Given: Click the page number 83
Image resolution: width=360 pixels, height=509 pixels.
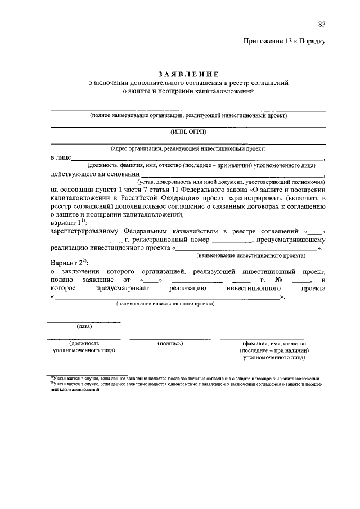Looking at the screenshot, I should pyautogui.click(x=321, y=24).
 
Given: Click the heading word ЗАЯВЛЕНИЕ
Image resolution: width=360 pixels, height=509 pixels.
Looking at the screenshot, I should pyautogui.click(x=188, y=74).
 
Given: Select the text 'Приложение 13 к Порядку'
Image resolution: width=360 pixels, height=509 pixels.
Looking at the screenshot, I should pyautogui.click(x=285, y=41).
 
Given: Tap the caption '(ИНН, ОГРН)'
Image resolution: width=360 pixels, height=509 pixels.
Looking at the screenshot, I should pyautogui.click(x=188, y=132).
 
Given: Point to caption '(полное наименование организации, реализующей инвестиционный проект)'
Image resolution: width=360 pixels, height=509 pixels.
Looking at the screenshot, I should pyautogui.click(x=188, y=116).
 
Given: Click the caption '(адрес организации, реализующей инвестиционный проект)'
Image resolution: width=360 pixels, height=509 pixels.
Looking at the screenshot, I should pyautogui.click(x=188, y=149).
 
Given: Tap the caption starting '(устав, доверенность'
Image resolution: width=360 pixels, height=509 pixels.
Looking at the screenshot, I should pyautogui.click(x=231, y=182).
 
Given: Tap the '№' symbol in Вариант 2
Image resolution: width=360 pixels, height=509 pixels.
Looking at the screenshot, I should pyautogui.click(x=278, y=280).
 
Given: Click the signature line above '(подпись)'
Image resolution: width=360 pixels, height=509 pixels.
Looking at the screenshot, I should pyautogui.click(x=170, y=339).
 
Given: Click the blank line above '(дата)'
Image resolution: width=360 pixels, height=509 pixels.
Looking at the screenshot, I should pyautogui.click(x=83, y=322).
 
